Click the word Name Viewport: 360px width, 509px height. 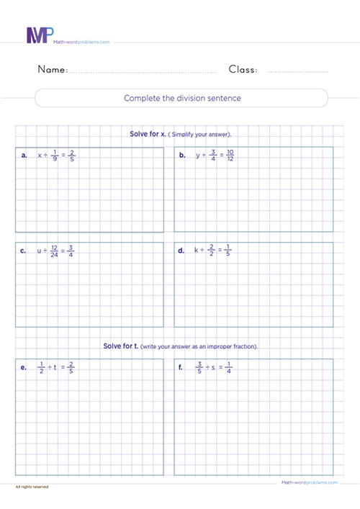(52, 70)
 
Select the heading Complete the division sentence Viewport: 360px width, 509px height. (182, 98)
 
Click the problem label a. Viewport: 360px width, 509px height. (24, 156)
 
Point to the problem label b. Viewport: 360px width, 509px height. (182, 156)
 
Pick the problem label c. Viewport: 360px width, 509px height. (24, 251)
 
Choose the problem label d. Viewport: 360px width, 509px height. (182, 251)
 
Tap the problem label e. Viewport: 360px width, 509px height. (24, 367)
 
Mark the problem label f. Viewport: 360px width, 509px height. (182, 367)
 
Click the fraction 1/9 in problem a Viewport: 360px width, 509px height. (55, 156)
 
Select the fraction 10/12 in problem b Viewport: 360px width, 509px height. (230, 156)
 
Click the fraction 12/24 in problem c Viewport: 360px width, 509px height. (53, 251)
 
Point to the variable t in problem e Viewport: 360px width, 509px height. (55, 367)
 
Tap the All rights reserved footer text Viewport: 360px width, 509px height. (32, 487)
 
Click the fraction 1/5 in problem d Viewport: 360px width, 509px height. (228, 251)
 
